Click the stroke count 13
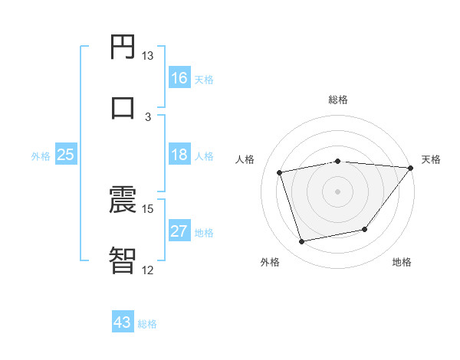click(x=147, y=56)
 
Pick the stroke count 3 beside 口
click(x=148, y=116)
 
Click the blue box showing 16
click(x=179, y=77)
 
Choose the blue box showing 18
click(x=179, y=154)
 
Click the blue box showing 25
click(x=66, y=155)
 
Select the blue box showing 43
click(x=123, y=322)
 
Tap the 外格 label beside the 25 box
click(x=41, y=155)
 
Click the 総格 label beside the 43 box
click(x=147, y=323)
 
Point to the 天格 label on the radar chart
click(x=431, y=159)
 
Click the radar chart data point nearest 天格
click(x=410, y=169)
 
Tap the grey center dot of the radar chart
click(x=337, y=191)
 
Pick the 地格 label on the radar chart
click(x=402, y=262)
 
